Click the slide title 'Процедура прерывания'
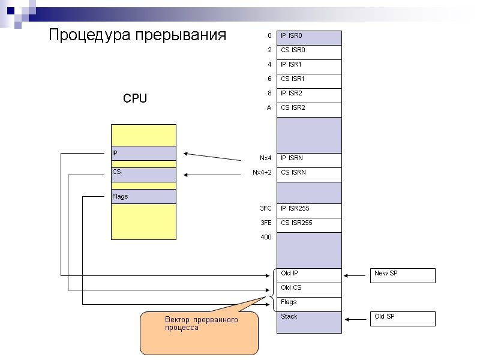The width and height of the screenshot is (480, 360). click(x=137, y=35)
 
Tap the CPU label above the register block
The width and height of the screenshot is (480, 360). click(x=135, y=98)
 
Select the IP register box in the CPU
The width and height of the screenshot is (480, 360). click(x=143, y=154)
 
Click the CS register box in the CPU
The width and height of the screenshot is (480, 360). click(x=143, y=175)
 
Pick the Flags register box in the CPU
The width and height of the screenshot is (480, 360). click(x=143, y=196)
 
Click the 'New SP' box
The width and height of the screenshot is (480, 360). click(x=403, y=275)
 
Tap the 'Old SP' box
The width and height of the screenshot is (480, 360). click(x=403, y=319)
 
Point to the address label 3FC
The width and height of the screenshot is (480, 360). click(x=266, y=208)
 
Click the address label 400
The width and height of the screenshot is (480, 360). click(x=266, y=237)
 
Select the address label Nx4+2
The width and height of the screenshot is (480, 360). click(x=262, y=172)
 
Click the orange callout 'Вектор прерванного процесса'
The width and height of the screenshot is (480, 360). click(x=199, y=332)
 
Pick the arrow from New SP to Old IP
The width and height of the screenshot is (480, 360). click(x=356, y=275)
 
